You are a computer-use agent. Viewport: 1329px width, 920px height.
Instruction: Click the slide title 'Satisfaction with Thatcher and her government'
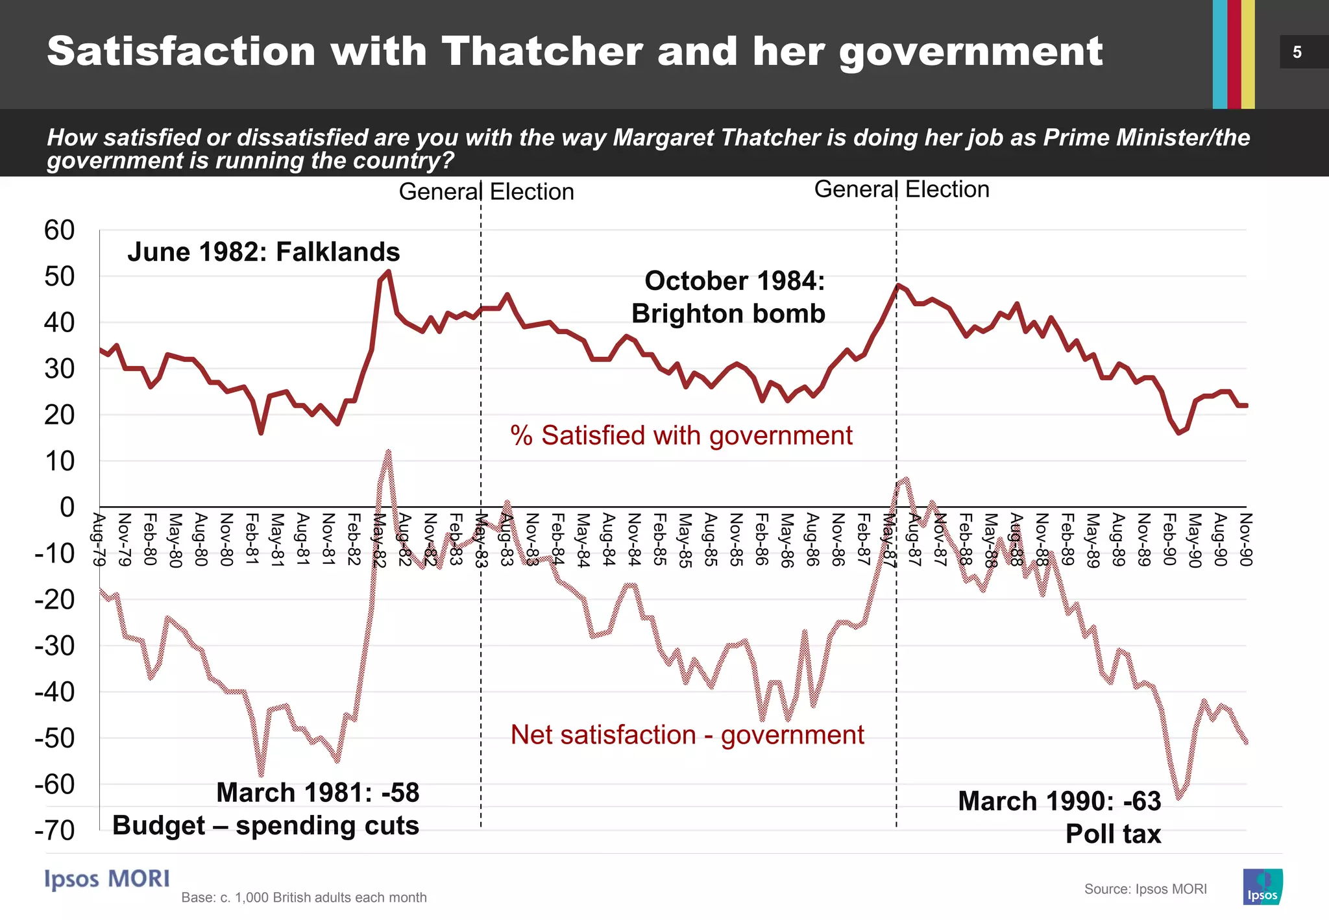pyautogui.click(x=574, y=52)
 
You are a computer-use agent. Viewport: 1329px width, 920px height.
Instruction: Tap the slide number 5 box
pyautogui.click(x=1298, y=52)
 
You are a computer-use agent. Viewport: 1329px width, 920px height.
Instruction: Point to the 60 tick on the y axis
pyautogui.click(x=59, y=230)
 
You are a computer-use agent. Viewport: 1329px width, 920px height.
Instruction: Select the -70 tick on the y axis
pyautogui.click(x=56, y=830)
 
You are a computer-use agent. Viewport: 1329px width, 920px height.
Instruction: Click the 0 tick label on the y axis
pyautogui.click(x=67, y=507)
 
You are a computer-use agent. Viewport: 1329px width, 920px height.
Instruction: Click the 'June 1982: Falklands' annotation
pyautogui.click(x=263, y=252)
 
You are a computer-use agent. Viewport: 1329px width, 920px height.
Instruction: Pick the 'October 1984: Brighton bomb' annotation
pyautogui.click(x=728, y=297)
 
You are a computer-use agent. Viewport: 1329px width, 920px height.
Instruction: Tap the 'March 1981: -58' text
pyautogui.click(x=318, y=793)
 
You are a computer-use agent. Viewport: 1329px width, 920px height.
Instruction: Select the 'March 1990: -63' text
pyautogui.click(x=1059, y=801)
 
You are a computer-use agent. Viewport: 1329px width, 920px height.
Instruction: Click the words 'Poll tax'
pyautogui.click(x=1113, y=834)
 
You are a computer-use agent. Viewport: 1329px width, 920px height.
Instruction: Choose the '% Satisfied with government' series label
pyautogui.click(x=681, y=435)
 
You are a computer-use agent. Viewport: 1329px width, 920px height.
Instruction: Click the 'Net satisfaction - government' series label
pyautogui.click(x=687, y=735)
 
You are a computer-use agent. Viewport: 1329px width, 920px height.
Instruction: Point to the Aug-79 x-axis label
pyautogui.click(x=99, y=539)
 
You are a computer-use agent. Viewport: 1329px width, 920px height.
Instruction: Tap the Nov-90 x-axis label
pyautogui.click(x=1245, y=539)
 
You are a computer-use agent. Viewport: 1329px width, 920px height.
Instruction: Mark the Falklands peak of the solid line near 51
pyautogui.click(x=388, y=271)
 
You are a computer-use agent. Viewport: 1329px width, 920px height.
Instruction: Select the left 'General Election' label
pyautogui.click(x=486, y=192)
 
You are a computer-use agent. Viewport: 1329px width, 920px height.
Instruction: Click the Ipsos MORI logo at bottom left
pyautogui.click(x=107, y=879)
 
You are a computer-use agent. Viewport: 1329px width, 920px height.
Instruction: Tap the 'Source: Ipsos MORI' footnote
pyautogui.click(x=1145, y=889)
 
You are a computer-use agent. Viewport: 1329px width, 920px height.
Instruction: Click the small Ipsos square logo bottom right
pyautogui.click(x=1262, y=887)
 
